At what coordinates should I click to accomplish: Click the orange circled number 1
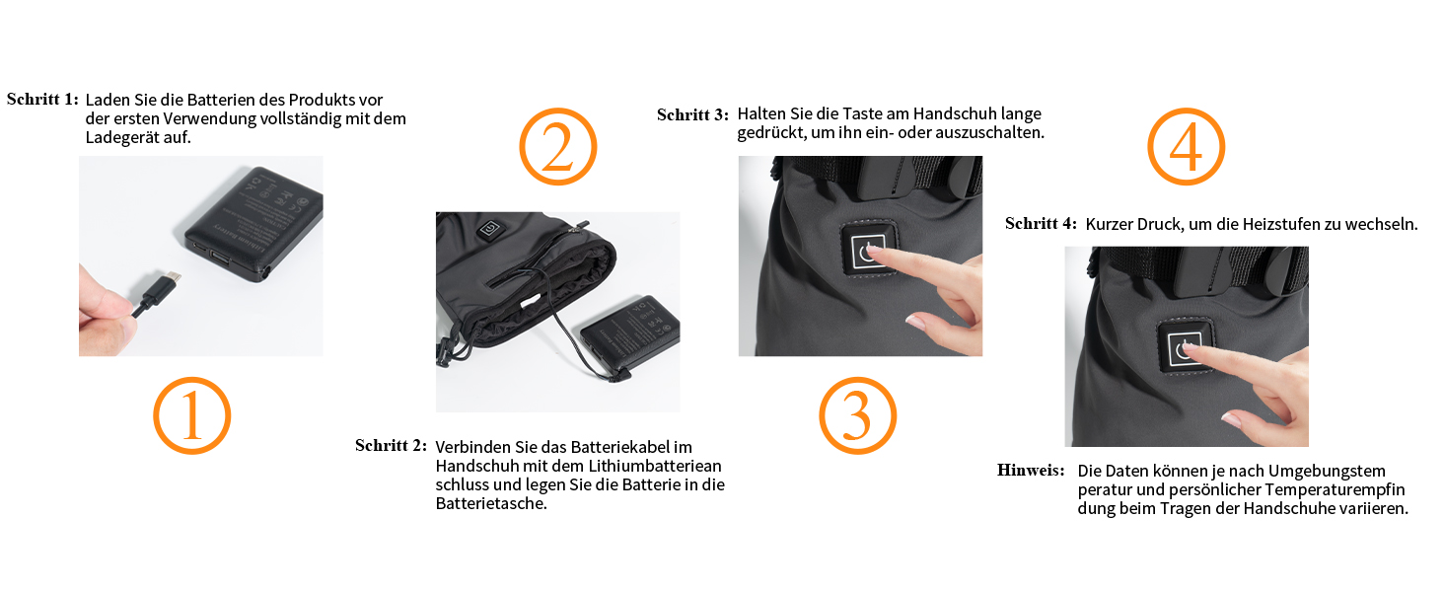click(191, 416)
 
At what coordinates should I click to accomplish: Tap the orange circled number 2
click(558, 146)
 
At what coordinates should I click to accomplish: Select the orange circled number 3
click(857, 416)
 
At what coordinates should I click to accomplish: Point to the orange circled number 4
click(1187, 146)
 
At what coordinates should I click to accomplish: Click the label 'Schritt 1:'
click(42, 100)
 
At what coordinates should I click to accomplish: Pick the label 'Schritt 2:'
click(391, 446)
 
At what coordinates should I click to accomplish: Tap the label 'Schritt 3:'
click(692, 114)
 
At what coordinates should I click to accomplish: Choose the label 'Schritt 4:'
click(1041, 224)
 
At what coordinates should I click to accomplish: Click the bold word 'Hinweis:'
click(1031, 470)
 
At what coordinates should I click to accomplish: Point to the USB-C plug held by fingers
click(157, 291)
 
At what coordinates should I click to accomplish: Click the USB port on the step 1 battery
click(220, 259)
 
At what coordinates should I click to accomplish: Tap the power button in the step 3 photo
click(866, 251)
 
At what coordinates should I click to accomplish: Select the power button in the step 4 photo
click(1185, 348)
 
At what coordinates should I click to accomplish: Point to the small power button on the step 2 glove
click(489, 228)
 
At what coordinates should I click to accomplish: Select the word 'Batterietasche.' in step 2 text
click(491, 503)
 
